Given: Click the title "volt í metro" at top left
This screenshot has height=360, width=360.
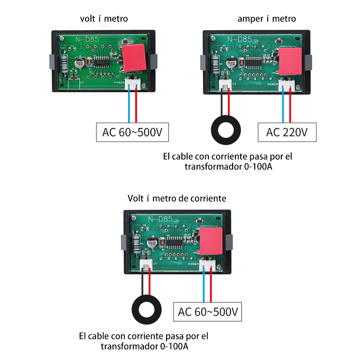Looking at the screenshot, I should tap(104, 18).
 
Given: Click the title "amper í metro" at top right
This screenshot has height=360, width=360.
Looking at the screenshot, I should tap(267, 18).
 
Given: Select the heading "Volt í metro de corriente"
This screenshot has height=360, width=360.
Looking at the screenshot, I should tap(177, 198).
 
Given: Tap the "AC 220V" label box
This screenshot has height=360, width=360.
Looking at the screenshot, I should tap(287, 133).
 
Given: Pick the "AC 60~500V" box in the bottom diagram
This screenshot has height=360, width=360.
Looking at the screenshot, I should tap(208, 312).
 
